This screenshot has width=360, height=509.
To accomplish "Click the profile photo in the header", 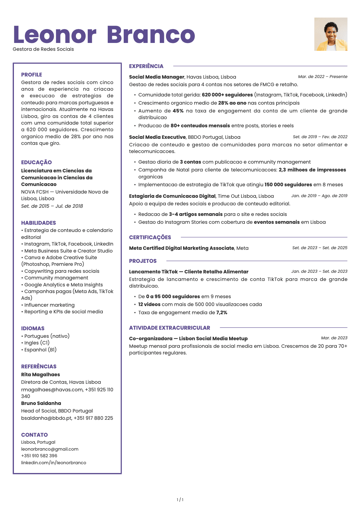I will [331, 34].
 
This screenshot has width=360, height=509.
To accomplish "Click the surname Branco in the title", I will [151, 35].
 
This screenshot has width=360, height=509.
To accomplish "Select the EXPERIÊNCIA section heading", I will [146, 66].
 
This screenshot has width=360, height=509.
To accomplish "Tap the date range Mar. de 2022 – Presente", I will [322, 77].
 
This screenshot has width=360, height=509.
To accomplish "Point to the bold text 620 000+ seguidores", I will [227, 95].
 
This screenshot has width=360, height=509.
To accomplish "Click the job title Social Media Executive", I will [157, 137].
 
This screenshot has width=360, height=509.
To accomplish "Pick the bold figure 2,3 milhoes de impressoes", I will [312, 170].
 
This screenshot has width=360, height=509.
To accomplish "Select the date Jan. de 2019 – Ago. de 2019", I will [319, 196].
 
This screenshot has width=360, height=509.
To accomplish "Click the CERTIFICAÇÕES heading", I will [150, 237].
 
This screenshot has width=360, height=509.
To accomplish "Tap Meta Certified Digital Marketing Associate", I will [182, 248].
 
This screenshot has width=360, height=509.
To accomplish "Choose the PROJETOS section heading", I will [143, 261].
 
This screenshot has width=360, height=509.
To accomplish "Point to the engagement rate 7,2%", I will [222, 312].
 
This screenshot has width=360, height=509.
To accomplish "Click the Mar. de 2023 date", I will [334, 338].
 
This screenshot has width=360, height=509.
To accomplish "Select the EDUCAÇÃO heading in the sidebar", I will [36, 162].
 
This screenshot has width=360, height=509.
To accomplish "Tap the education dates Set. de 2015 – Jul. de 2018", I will [52, 206].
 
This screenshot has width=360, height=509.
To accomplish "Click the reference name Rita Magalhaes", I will [41, 374].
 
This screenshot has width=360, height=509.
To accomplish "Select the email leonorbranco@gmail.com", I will [50, 449].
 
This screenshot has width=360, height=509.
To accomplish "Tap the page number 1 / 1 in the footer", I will [180, 500].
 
